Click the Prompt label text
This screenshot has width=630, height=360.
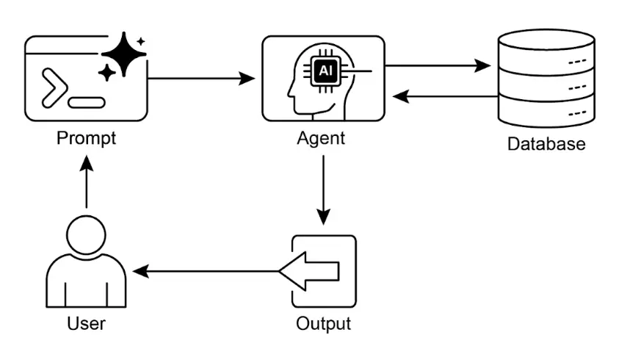(x=87, y=138)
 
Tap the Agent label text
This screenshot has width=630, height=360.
(x=321, y=138)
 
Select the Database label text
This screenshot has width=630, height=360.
(x=546, y=143)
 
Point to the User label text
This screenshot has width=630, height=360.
(x=86, y=323)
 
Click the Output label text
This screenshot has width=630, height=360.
(x=323, y=323)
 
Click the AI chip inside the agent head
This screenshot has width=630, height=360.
(x=324, y=71)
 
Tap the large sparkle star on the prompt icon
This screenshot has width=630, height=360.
(x=124, y=53)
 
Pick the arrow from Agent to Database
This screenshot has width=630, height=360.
(x=438, y=66)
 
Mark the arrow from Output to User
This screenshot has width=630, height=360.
(x=206, y=272)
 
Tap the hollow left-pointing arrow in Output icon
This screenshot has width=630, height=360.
(x=310, y=271)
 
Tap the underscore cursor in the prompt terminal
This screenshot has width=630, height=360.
(x=87, y=101)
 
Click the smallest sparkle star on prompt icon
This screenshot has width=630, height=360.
(x=141, y=41)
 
